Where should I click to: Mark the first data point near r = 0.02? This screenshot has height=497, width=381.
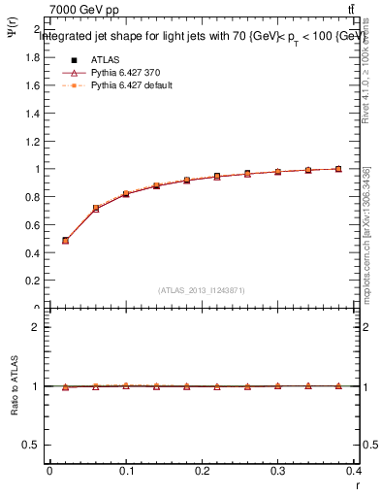pos(65,240)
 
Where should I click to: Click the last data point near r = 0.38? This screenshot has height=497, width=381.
pos(338,169)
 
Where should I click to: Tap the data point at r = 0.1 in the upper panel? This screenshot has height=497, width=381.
pos(126,194)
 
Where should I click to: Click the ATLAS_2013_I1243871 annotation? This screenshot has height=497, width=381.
pos(202,290)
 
